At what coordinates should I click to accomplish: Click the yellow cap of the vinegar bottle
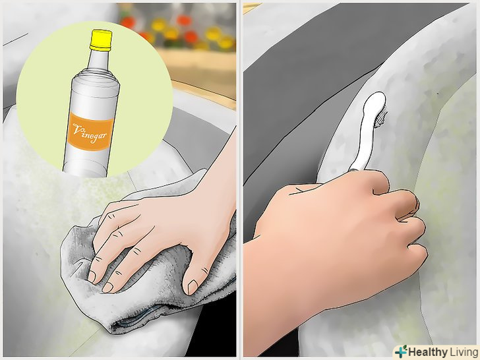(101, 40)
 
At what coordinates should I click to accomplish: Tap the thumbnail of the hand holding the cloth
(193, 287)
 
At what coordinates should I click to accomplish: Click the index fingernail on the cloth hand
(92, 276)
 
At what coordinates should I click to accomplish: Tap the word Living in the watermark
(463, 352)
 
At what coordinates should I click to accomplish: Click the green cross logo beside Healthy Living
(402, 351)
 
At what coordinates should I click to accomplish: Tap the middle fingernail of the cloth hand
(107, 287)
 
